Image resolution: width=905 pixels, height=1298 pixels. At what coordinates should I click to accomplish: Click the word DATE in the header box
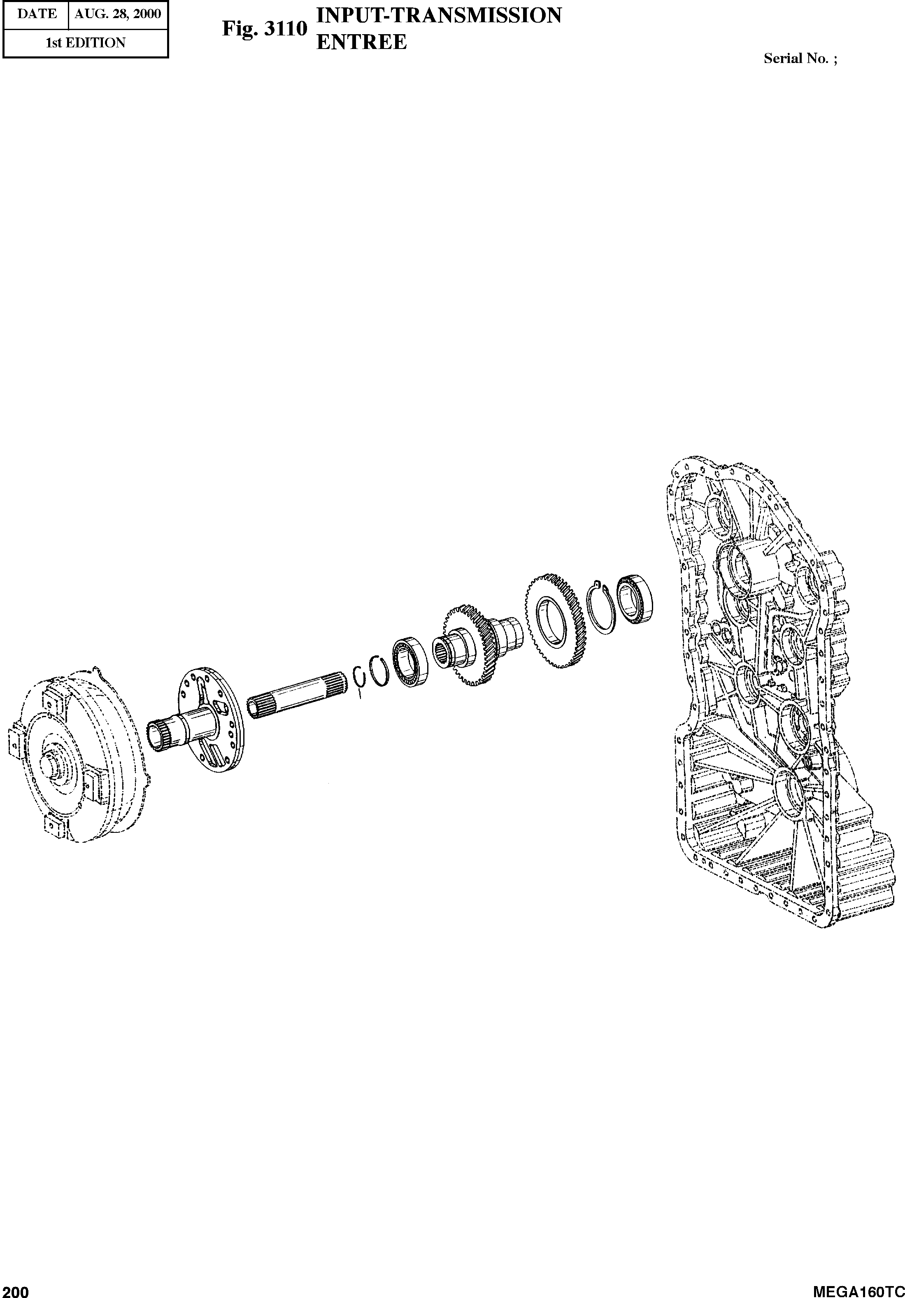pos(37,14)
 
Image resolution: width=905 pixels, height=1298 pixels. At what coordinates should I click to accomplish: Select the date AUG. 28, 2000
pos(118,14)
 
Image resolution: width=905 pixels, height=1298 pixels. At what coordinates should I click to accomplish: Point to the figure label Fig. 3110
pos(264,28)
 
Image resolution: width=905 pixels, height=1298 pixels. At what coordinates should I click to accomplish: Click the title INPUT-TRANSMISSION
pos(439,15)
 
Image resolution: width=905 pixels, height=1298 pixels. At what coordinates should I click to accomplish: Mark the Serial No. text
pos(800,58)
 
